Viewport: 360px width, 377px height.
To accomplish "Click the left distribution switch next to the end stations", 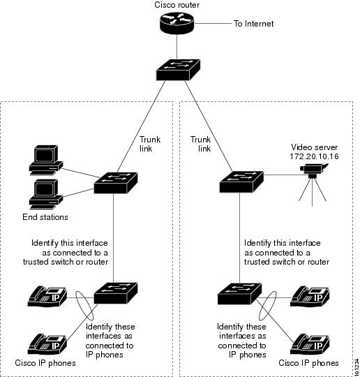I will [x=117, y=183].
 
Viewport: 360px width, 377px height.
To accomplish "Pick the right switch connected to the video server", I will [x=239, y=182].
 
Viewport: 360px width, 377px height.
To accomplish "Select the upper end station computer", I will [x=43, y=160].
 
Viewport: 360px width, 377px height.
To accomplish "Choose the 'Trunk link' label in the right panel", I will [x=201, y=144].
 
